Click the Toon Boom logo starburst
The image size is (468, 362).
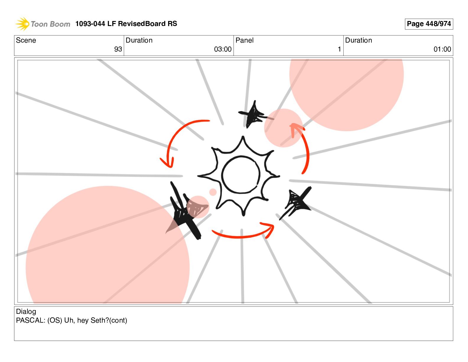(22, 24)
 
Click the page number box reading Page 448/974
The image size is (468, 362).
(429, 24)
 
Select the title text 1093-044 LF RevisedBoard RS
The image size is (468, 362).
(126, 24)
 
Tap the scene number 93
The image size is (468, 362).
(118, 49)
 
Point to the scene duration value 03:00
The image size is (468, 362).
(223, 49)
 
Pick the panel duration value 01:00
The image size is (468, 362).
(442, 49)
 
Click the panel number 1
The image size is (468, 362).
(339, 49)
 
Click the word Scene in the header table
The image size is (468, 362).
(26, 40)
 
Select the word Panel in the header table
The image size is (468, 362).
(244, 40)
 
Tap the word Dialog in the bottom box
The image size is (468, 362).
(26, 312)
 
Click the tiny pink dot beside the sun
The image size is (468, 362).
(213, 192)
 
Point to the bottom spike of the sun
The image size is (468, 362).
(243, 212)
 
